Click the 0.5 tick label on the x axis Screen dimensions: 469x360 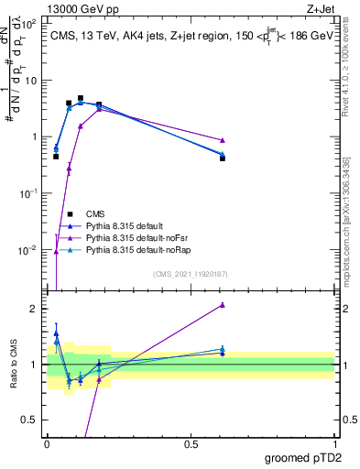click(191, 444)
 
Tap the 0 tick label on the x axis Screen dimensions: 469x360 click(47, 444)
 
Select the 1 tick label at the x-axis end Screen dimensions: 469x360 click(334, 444)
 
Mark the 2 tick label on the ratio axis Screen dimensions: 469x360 click(34, 309)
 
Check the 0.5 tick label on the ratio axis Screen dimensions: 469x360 click(30, 420)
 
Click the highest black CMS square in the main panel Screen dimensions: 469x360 click(81, 98)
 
